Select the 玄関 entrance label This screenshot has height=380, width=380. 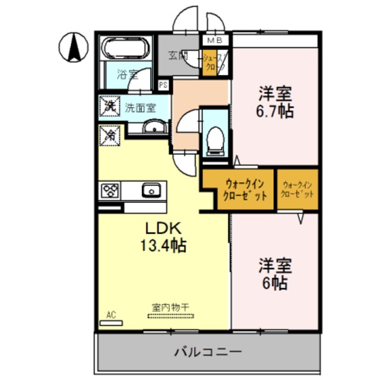(x=178, y=56)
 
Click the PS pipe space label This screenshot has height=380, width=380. (x=163, y=85)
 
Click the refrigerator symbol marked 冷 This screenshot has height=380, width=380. (x=109, y=135)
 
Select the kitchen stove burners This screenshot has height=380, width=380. (x=111, y=191)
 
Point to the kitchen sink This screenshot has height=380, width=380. (x=150, y=191)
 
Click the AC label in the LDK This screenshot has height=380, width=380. (x=110, y=315)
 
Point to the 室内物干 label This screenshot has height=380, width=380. (x=170, y=307)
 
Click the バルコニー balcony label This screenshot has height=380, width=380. (x=208, y=351)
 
